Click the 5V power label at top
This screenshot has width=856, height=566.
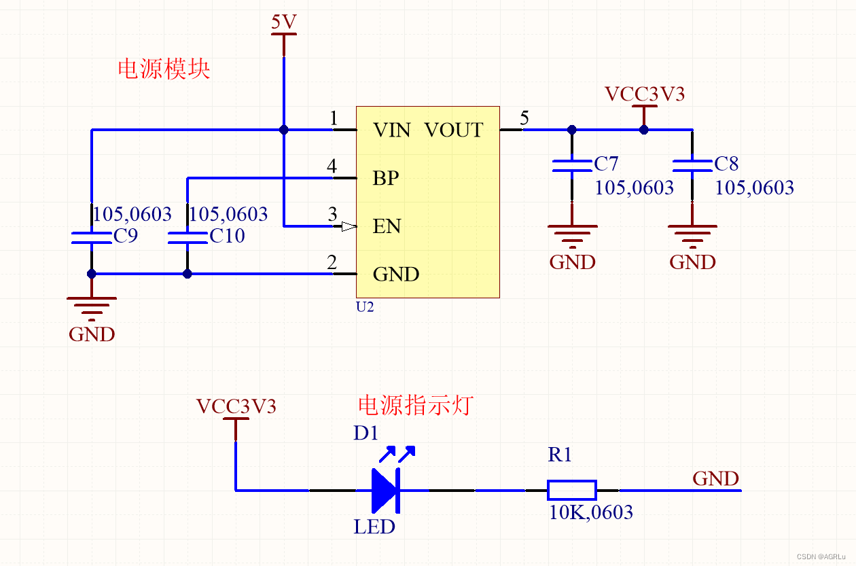(284, 23)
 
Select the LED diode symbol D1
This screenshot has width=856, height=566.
(386, 490)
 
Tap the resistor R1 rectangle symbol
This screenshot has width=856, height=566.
(571, 490)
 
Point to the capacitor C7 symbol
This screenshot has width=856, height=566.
(572, 165)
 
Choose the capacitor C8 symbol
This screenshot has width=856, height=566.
(692, 165)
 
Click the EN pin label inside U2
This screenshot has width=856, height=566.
(387, 226)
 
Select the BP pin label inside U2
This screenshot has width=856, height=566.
(385, 178)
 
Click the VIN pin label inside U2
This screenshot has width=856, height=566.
(391, 130)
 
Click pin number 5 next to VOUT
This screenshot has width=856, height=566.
(524, 119)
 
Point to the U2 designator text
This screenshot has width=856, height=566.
(365, 306)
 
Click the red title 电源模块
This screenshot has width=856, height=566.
(164, 69)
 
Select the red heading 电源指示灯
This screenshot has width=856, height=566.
(414, 406)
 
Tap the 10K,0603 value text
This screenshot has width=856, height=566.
(590, 512)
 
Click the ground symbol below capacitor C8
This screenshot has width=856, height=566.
(692, 234)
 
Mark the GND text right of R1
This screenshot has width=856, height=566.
(715, 478)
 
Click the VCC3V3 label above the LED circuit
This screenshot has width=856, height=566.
(236, 406)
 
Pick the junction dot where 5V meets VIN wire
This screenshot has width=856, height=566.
(284, 129)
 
